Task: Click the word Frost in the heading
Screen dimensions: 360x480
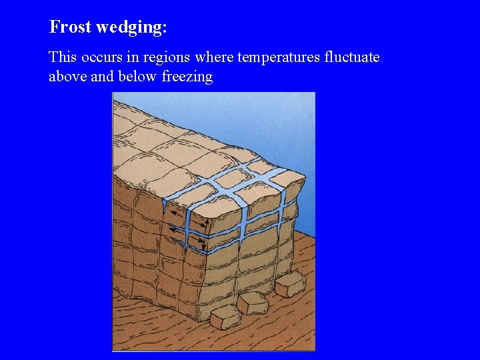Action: [x=70, y=27]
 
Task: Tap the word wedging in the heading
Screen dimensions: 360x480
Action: [x=129, y=28]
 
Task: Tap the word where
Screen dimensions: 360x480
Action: [x=213, y=57]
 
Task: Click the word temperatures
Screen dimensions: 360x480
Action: [x=279, y=58]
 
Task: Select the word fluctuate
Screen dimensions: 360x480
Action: [x=351, y=57]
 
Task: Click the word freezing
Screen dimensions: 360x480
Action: [x=187, y=77]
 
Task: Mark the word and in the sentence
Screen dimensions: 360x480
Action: [x=102, y=77]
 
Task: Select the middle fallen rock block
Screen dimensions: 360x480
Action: [x=252, y=303]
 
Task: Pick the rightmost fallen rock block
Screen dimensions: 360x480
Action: [x=289, y=285]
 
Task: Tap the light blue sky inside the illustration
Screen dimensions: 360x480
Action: [x=293, y=127]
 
